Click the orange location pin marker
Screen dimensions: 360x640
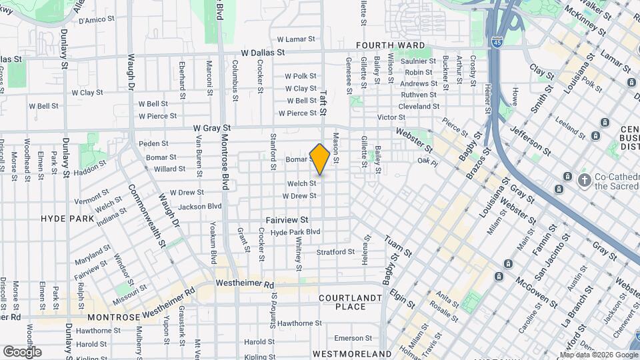pyautogui.click(x=320, y=159)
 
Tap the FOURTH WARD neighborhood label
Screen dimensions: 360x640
pyautogui.click(x=390, y=45)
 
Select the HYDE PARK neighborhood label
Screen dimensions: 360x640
pyautogui.click(x=67, y=219)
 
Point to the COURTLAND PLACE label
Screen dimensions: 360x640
pyautogui.click(x=351, y=302)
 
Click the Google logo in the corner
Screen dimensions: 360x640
pyautogui.click(x=22, y=352)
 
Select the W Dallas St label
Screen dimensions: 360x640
pyautogui.click(x=263, y=52)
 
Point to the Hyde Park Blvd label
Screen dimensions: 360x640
pyautogui.click(x=295, y=232)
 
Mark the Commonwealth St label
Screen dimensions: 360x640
pyautogui.click(x=157, y=215)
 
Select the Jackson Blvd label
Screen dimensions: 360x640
pyautogui.click(x=199, y=207)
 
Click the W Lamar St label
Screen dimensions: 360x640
pyautogui.click(x=295, y=39)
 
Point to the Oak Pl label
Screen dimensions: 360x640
pyautogui.click(x=427, y=161)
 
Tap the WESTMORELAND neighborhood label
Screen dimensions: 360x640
pyautogui.click(x=351, y=353)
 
